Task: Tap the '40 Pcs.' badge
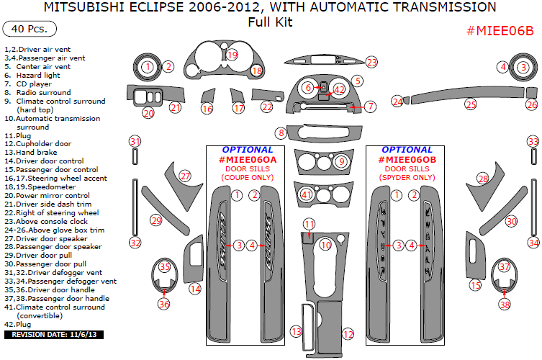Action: pos(30,30)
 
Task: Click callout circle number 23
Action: pos(371,62)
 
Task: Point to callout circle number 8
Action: pos(281,132)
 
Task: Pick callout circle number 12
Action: pos(348,334)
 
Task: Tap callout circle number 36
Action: pos(164,304)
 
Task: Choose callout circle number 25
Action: pos(470,105)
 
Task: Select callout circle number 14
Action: pos(194,289)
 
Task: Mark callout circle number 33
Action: pos(533,141)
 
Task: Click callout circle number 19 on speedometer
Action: pos(231,55)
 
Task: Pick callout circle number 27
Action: pos(185,176)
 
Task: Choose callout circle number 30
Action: pos(511,221)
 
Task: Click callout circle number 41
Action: pos(307,194)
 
